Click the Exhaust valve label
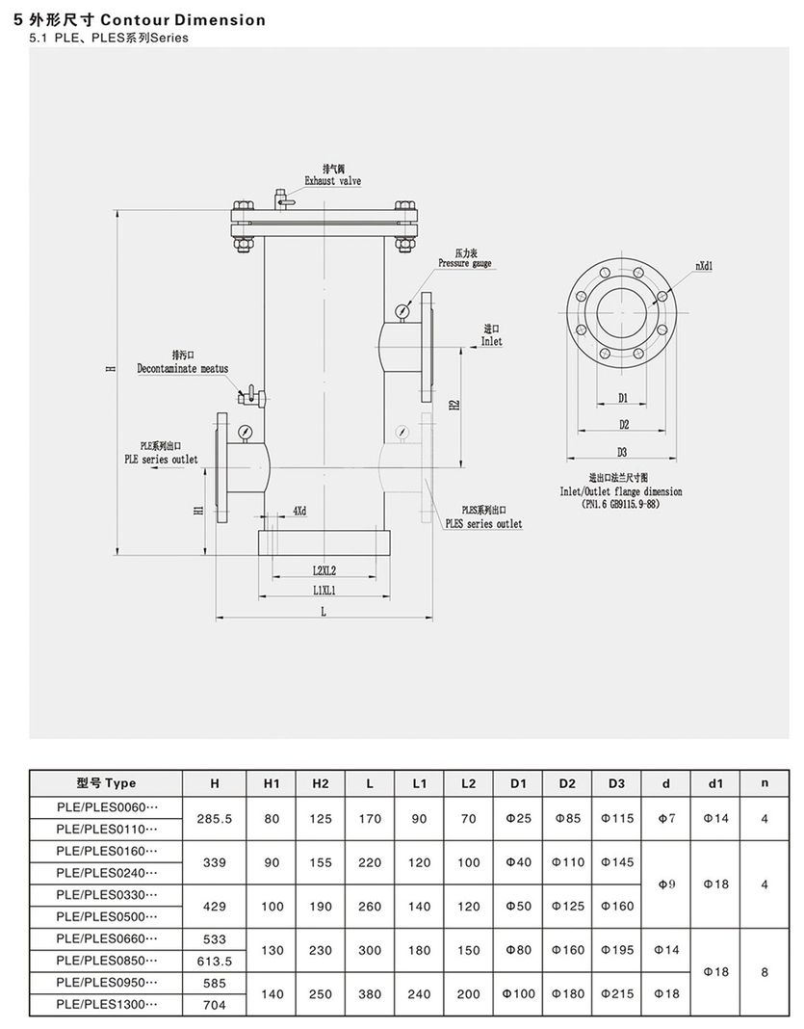coord(333,180)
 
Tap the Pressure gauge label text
coord(465,263)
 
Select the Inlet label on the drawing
coord(492,341)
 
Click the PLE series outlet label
coord(161,460)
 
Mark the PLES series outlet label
coord(482,523)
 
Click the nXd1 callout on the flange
coord(705,265)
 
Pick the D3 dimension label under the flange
coord(622,452)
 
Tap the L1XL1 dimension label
coord(330,590)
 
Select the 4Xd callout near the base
coord(299,510)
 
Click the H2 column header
coord(322,783)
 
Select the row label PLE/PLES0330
coord(107,895)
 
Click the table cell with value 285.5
coord(215,818)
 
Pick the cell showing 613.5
coord(215,962)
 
